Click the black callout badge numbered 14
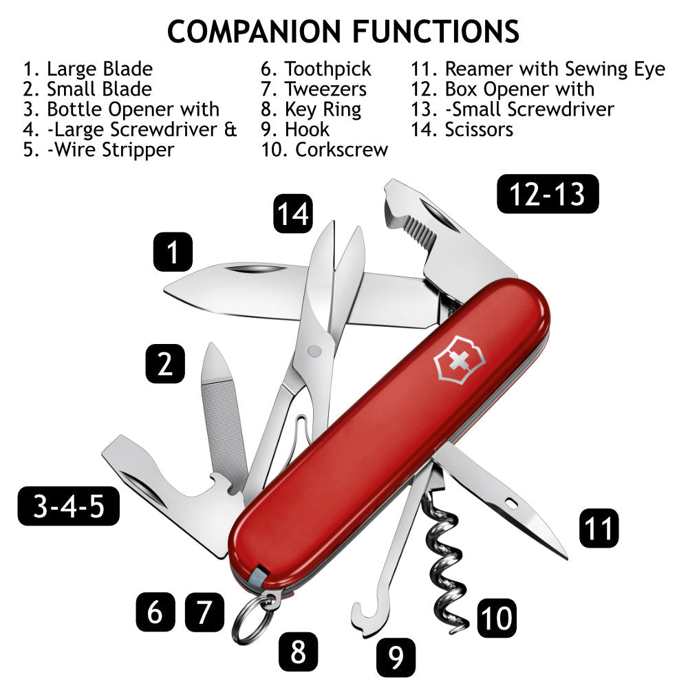pyautogui.click(x=293, y=213)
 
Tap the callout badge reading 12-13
pyautogui.click(x=548, y=194)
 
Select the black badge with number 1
pyautogui.click(x=173, y=252)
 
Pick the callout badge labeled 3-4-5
pyautogui.click(x=68, y=506)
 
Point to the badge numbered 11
pyautogui.click(x=599, y=528)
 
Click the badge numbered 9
pyautogui.click(x=396, y=656)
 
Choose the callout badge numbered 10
pyautogui.click(x=496, y=616)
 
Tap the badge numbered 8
pyautogui.click(x=298, y=650)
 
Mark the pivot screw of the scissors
pyautogui.click(x=314, y=352)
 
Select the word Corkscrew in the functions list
pyautogui.click(x=341, y=149)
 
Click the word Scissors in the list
pyautogui.click(x=479, y=129)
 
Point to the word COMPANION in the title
pyautogui.click(x=255, y=32)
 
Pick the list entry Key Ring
pyautogui.click(x=323, y=109)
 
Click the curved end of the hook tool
pyautogui.click(x=366, y=619)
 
